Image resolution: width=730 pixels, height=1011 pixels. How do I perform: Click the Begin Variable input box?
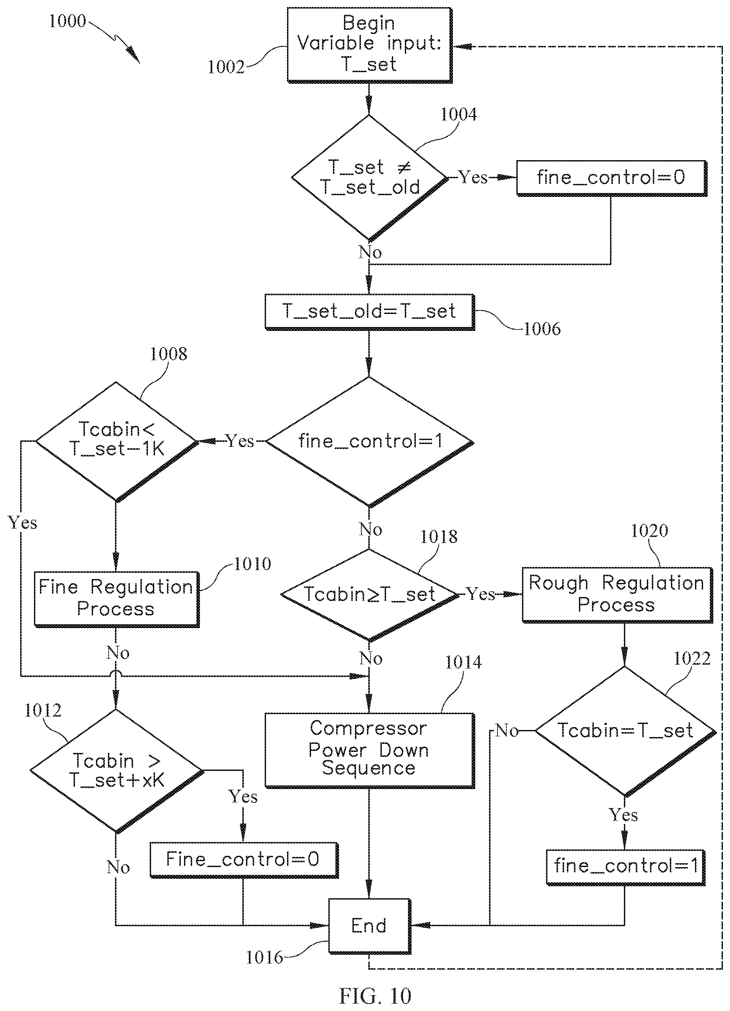click(369, 45)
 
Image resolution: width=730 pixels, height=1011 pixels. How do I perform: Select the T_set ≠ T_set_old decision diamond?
click(369, 178)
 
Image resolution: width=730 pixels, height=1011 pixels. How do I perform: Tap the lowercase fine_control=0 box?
click(612, 178)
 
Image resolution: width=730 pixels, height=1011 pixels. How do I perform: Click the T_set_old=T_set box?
click(369, 312)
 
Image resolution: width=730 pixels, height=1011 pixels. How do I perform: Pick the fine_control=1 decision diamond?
click(369, 442)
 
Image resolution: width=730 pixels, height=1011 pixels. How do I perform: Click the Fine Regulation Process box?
click(116, 599)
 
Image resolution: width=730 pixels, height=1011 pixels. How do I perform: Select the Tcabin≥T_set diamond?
click(369, 595)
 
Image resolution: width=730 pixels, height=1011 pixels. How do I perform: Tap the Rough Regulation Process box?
click(617, 595)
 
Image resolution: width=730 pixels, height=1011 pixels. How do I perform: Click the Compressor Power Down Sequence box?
click(369, 750)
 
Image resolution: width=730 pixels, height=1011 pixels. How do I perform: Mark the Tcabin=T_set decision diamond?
click(625, 731)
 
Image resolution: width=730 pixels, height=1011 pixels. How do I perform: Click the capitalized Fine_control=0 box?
click(244, 860)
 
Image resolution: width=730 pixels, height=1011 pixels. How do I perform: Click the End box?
click(369, 926)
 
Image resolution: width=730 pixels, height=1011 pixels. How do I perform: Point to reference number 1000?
click(67, 21)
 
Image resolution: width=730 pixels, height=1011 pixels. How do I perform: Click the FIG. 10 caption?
click(375, 995)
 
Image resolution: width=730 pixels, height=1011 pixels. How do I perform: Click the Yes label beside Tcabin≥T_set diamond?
click(481, 594)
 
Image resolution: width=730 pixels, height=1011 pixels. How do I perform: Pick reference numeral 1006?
click(542, 329)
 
